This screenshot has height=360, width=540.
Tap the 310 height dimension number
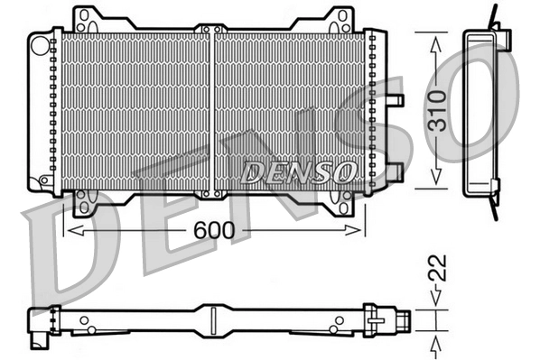click(436, 109)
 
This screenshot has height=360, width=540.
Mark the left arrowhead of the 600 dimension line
click(71, 232)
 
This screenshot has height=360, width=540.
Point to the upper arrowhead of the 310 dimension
click(436, 42)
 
